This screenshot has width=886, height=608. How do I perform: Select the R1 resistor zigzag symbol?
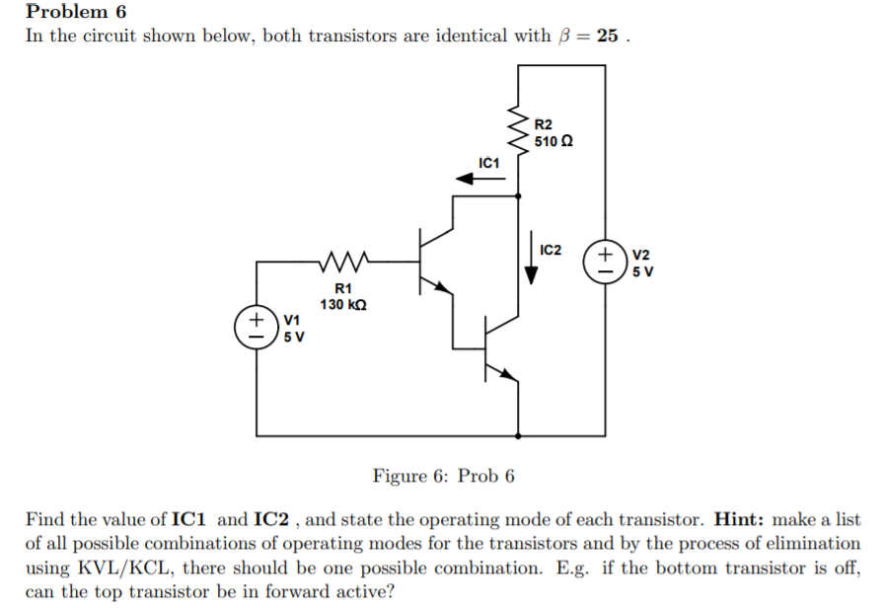344,263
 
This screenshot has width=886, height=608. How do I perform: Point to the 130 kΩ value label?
344,305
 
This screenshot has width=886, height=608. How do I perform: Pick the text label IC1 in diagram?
488,162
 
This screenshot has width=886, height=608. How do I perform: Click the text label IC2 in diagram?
551,249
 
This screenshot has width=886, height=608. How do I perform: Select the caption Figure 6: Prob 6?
443,476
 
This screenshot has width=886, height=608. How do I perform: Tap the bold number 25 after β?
608,37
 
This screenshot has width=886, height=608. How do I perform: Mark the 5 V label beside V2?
642,271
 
